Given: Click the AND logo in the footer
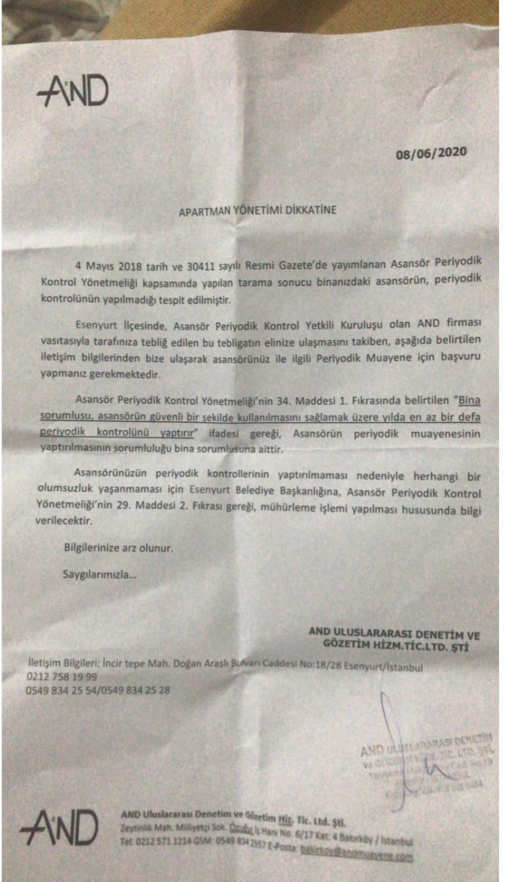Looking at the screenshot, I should click(x=59, y=828).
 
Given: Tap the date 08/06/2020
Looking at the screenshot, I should click(x=431, y=153).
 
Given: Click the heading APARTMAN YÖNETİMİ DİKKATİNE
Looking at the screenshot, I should click(x=257, y=210).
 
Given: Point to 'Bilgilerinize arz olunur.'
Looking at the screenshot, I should click(x=119, y=548).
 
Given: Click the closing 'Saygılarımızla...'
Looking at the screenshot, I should click(x=100, y=574).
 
